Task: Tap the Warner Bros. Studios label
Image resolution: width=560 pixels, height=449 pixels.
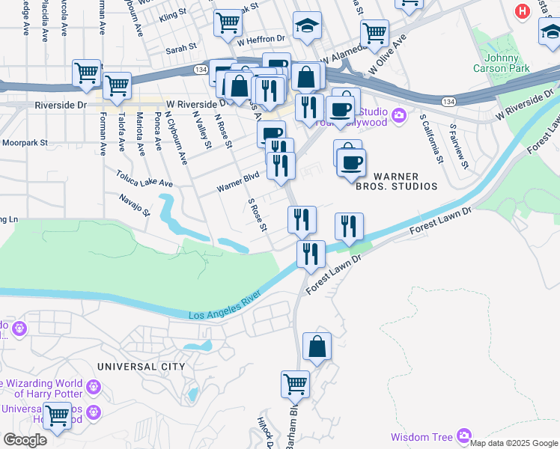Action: (405, 181)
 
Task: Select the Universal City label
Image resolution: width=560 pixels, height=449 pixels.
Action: (141, 367)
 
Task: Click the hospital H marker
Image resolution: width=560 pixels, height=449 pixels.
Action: (523, 12)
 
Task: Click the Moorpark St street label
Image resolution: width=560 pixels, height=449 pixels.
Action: (24, 142)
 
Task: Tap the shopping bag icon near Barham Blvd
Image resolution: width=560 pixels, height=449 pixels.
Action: (317, 346)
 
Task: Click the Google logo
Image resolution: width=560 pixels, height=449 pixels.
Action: (25, 440)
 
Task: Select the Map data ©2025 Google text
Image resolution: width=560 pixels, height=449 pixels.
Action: (513, 443)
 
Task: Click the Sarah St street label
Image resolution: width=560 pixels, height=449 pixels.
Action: (180, 46)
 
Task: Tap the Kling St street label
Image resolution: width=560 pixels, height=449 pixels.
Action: (172, 15)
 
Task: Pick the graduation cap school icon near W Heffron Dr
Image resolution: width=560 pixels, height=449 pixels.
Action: (307, 27)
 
